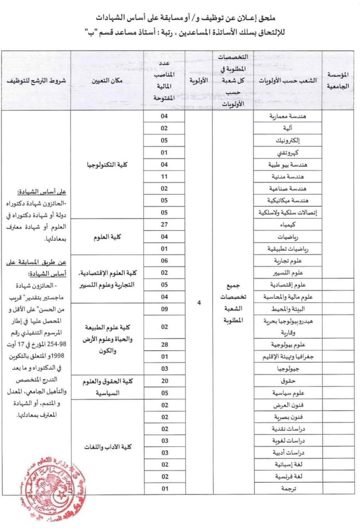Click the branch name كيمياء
(x=287, y=225)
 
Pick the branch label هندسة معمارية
(x=287, y=116)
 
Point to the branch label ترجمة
(x=287, y=489)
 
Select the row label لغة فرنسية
(x=287, y=476)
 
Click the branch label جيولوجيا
(x=287, y=369)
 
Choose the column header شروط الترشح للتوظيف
(x=35, y=81)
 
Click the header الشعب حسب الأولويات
(x=287, y=81)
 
